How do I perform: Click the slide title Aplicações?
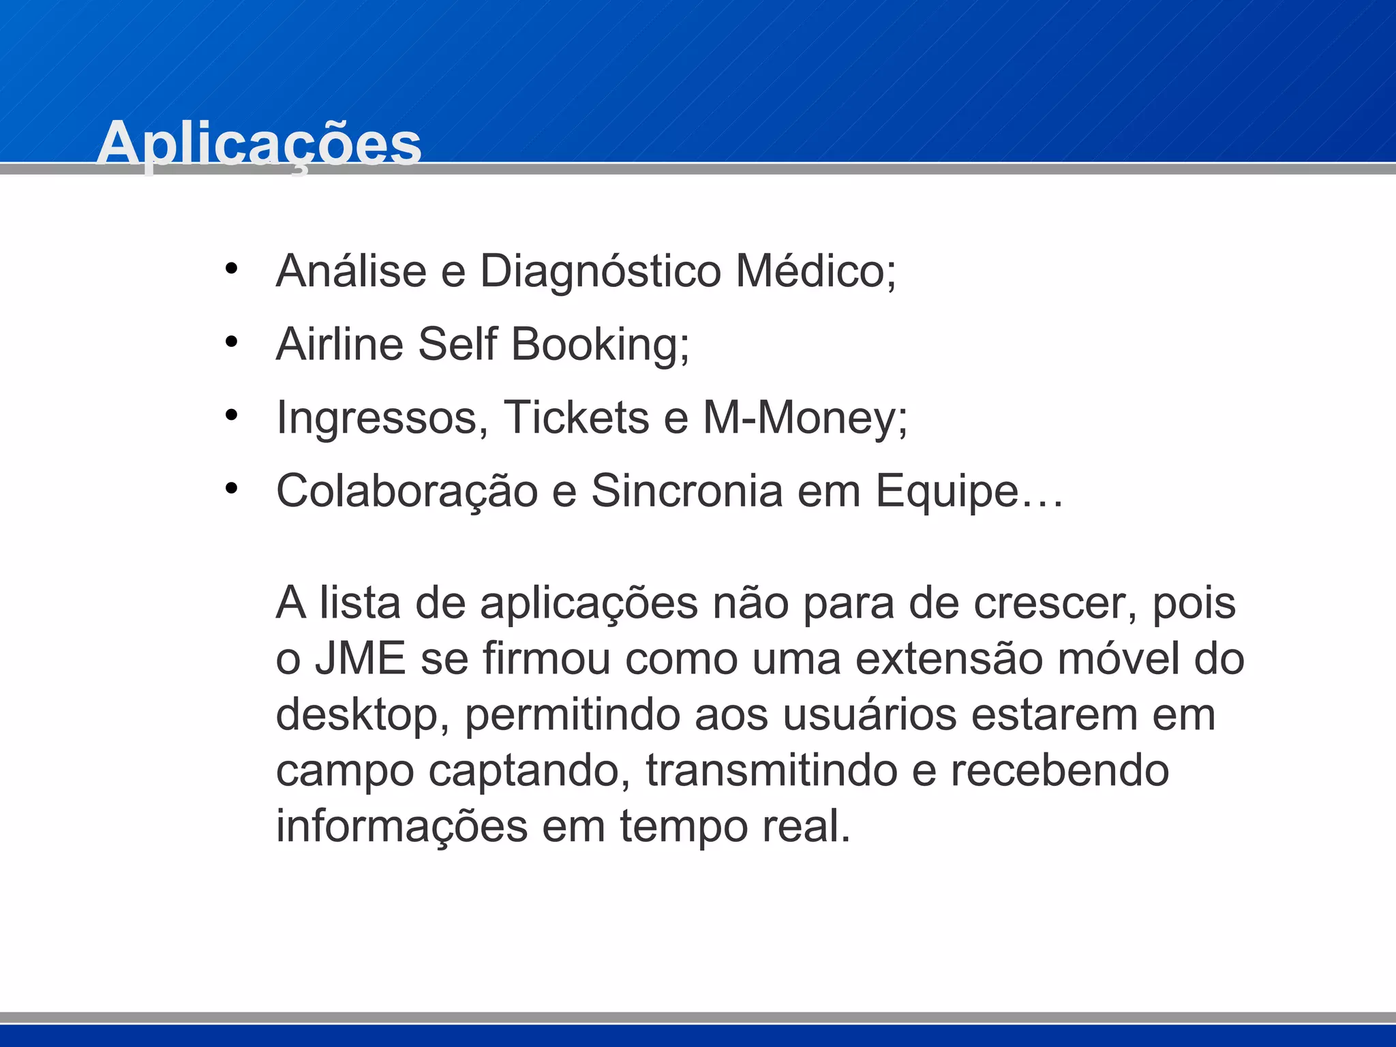(259, 143)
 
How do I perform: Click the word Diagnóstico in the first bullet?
(600, 271)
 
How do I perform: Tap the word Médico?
(815, 271)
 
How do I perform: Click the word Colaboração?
(407, 491)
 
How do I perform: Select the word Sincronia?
(686, 490)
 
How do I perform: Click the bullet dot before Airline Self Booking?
(232, 342)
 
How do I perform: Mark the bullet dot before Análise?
(232, 269)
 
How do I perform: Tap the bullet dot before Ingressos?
(232, 415)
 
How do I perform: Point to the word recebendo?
(1060, 771)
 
